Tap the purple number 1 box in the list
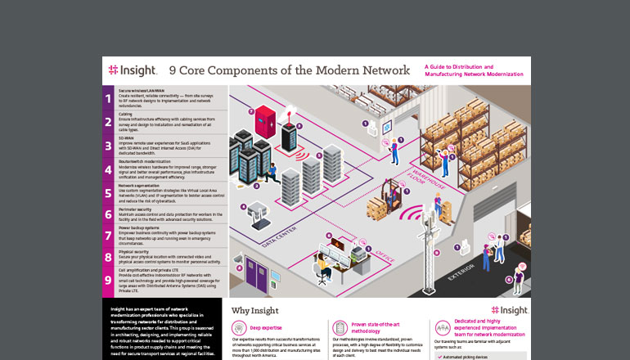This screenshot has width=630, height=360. [x=108, y=98]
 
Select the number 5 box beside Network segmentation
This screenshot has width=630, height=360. [x=108, y=192]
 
